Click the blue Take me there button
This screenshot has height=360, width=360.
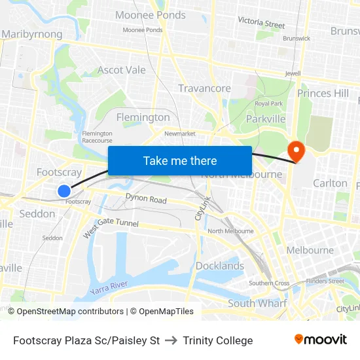pos(180,161)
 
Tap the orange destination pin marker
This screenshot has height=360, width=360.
pos(297,152)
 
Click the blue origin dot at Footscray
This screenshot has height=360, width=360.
pos(63,190)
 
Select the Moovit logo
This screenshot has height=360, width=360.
pos(321,339)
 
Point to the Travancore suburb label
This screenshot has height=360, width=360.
pos(204,88)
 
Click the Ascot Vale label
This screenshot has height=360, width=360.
pos(122,70)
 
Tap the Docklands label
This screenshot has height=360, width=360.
pos(219,266)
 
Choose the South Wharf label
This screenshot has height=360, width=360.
pos(257,303)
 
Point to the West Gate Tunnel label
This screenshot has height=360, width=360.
pos(111,227)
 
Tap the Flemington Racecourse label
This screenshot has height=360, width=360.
pos(97,137)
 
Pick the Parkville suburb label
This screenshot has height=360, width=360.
pos(266,118)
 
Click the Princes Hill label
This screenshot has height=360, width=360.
pos(323,93)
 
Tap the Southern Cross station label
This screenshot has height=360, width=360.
pos(269,283)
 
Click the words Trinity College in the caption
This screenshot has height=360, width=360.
pos(218,340)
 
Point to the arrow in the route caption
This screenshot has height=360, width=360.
pos(171,340)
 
